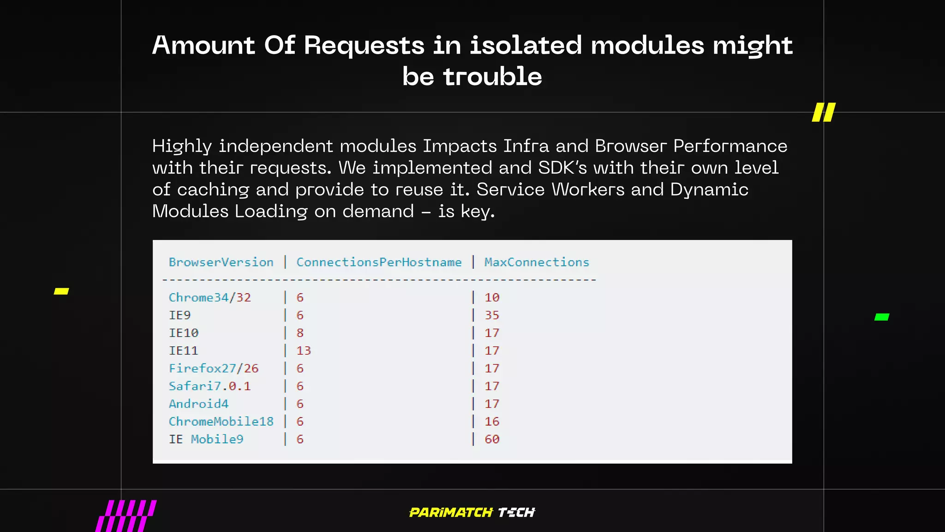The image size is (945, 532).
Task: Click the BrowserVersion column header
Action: click(221, 262)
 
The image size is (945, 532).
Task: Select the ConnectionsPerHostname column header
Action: click(379, 262)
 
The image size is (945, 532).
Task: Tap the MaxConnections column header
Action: click(537, 262)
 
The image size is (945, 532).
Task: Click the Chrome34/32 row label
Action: click(209, 297)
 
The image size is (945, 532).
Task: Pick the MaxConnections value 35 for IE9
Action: click(492, 315)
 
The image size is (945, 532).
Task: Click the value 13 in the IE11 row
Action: click(304, 351)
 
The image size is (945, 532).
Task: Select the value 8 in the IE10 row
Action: click(300, 333)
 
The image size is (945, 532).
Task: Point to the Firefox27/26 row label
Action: click(213, 369)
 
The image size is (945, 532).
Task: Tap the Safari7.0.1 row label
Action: click(209, 386)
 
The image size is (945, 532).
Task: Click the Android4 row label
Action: click(198, 404)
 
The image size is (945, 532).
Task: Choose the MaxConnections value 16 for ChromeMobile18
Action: click(492, 422)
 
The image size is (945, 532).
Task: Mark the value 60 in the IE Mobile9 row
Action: click(492, 439)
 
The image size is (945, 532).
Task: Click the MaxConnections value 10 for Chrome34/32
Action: click(492, 297)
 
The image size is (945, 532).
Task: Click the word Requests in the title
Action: click(364, 46)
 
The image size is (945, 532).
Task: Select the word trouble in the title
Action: click(492, 77)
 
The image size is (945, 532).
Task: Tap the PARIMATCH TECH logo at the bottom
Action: click(472, 512)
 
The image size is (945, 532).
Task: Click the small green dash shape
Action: click(882, 317)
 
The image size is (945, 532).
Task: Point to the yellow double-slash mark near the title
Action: click(824, 112)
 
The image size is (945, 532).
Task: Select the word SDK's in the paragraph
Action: click(562, 168)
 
